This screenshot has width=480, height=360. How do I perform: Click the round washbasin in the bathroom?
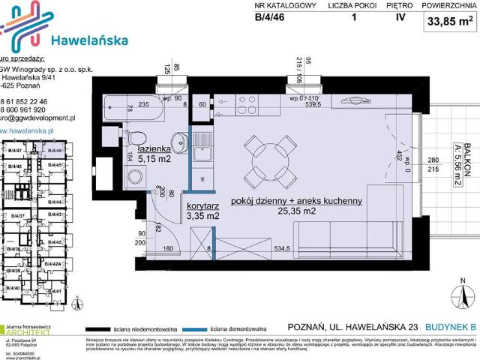coord(181,142)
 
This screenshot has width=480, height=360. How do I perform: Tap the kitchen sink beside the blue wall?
coord(202,154)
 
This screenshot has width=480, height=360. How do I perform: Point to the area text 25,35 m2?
coord(296,213)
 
